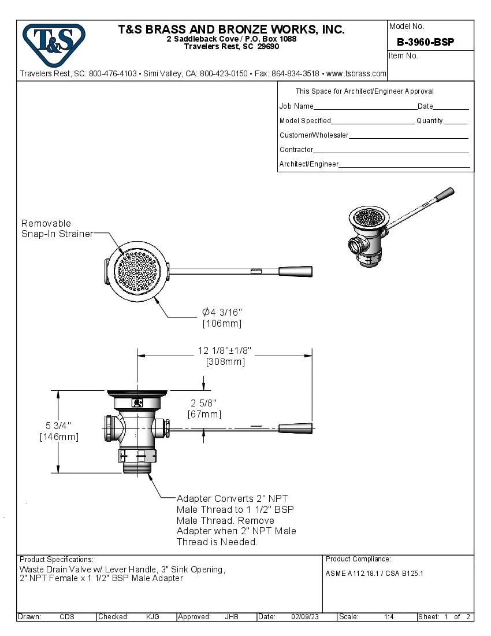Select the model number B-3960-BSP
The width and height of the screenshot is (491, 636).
[x=425, y=42]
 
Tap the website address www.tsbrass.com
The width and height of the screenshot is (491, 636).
[x=356, y=74]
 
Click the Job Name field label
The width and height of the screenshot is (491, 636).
[x=296, y=106]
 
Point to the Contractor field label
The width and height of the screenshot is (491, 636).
[x=296, y=150]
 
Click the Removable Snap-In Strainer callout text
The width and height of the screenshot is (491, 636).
[x=57, y=228]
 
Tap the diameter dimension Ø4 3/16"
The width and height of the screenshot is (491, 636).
[x=222, y=312]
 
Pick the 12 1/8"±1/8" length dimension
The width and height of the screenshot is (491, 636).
[x=225, y=351]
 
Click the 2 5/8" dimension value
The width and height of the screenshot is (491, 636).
[x=204, y=403]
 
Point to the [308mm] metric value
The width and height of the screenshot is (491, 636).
[x=225, y=362]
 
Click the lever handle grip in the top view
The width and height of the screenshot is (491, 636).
[x=295, y=271]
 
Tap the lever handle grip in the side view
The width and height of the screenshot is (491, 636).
[x=296, y=428]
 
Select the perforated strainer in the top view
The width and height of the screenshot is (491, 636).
[x=136, y=271]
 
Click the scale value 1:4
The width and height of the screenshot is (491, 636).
[x=389, y=617]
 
